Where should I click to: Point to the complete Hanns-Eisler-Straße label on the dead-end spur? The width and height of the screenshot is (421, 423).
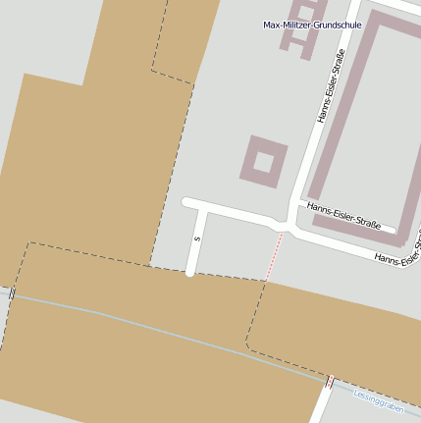click(x=343, y=208)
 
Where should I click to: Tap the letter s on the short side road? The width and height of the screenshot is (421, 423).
click(x=197, y=238)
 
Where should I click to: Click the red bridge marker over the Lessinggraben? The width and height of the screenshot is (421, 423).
click(x=330, y=381)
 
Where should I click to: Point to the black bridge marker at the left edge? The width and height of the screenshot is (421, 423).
click(x=12, y=292)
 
